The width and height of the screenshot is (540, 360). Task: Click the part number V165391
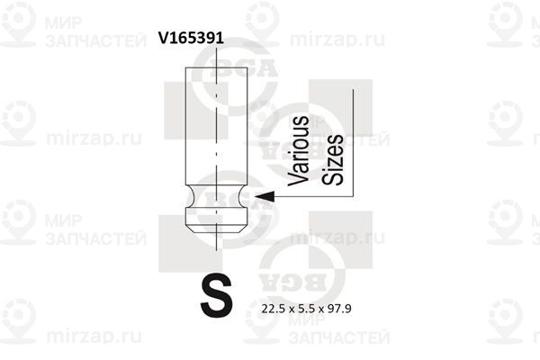point(191,38)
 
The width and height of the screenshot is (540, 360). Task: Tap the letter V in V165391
point(163,38)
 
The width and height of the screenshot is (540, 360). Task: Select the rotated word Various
point(298,150)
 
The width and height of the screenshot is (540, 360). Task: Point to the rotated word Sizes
point(332,159)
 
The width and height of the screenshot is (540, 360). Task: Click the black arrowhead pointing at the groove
point(265,196)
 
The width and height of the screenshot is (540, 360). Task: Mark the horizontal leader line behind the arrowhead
point(314,197)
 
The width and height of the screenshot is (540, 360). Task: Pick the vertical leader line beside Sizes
point(353,143)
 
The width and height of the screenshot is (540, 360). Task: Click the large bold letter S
point(217,295)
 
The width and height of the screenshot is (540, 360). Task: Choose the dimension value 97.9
point(339,309)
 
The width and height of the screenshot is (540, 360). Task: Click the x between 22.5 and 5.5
point(292,310)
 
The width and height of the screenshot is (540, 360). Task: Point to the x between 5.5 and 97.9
point(321,310)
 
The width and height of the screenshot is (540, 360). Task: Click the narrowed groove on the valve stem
point(216,196)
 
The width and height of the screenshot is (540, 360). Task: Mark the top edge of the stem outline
point(216,67)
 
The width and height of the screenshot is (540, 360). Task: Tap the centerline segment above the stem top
point(216,58)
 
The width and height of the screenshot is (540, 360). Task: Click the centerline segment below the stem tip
point(216,242)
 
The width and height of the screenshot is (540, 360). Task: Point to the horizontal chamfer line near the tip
point(216,225)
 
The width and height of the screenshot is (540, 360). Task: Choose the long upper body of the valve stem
point(216,126)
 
